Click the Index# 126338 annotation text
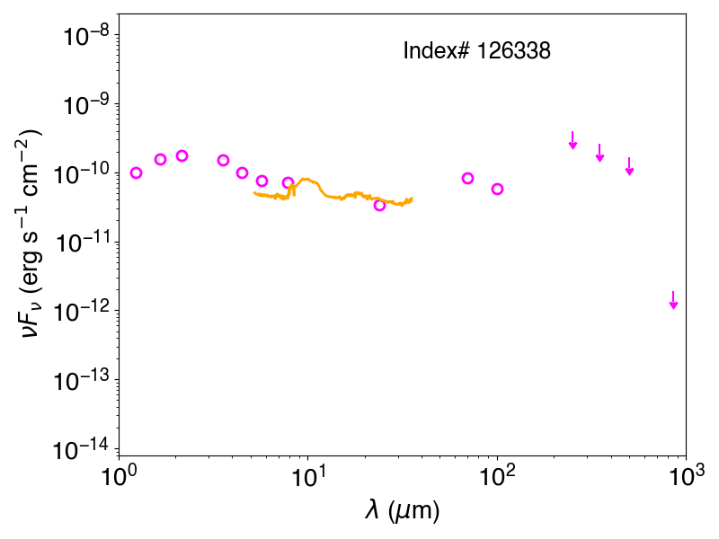point(476,50)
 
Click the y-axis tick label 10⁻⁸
point(86,36)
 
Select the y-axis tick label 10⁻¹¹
point(82,243)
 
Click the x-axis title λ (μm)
point(402,510)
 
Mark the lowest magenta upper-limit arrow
point(673,300)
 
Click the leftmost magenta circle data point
point(136,172)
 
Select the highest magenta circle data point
point(182,155)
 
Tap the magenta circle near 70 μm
point(467,178)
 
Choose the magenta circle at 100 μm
point(498,189)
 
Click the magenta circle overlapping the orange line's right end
point(379,206)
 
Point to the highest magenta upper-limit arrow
point(573,140)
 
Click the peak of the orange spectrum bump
point(306,179)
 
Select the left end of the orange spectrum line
point(254,193)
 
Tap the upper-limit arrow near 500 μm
point(630,166)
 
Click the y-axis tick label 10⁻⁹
point(86,105)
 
